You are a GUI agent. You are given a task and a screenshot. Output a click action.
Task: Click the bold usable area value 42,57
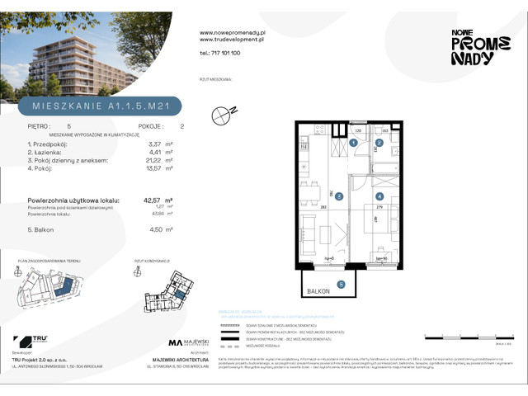(153, 200)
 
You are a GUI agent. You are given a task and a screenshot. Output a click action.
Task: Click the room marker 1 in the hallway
(353, 142)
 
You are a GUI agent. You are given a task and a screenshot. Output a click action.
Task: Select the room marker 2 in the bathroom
(379, 142)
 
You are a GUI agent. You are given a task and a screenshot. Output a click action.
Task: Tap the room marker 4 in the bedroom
(379, 196)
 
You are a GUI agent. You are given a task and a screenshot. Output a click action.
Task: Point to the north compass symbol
(221, 115)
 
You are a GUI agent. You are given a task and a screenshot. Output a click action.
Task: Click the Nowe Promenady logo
(473, 46)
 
